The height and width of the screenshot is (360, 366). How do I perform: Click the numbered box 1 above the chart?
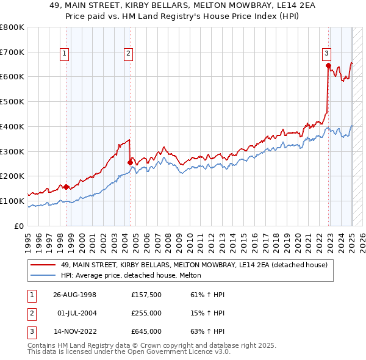pos(65,54)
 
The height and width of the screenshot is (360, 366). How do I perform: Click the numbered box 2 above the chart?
pos(129,54)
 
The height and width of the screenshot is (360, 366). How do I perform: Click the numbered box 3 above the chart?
pos(327,54)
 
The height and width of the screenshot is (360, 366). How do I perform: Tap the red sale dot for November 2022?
pos(328,65)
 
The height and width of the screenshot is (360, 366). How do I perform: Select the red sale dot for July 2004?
pos(129,162)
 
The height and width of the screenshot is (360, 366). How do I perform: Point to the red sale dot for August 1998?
pos(66,187)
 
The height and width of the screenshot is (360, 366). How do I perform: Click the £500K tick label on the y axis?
pos(12,102)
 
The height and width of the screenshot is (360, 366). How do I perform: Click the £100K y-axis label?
pos(12,201)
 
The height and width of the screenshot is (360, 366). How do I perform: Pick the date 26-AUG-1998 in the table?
pos(75,295)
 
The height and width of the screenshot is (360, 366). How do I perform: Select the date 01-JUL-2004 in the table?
pos(75,313)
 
